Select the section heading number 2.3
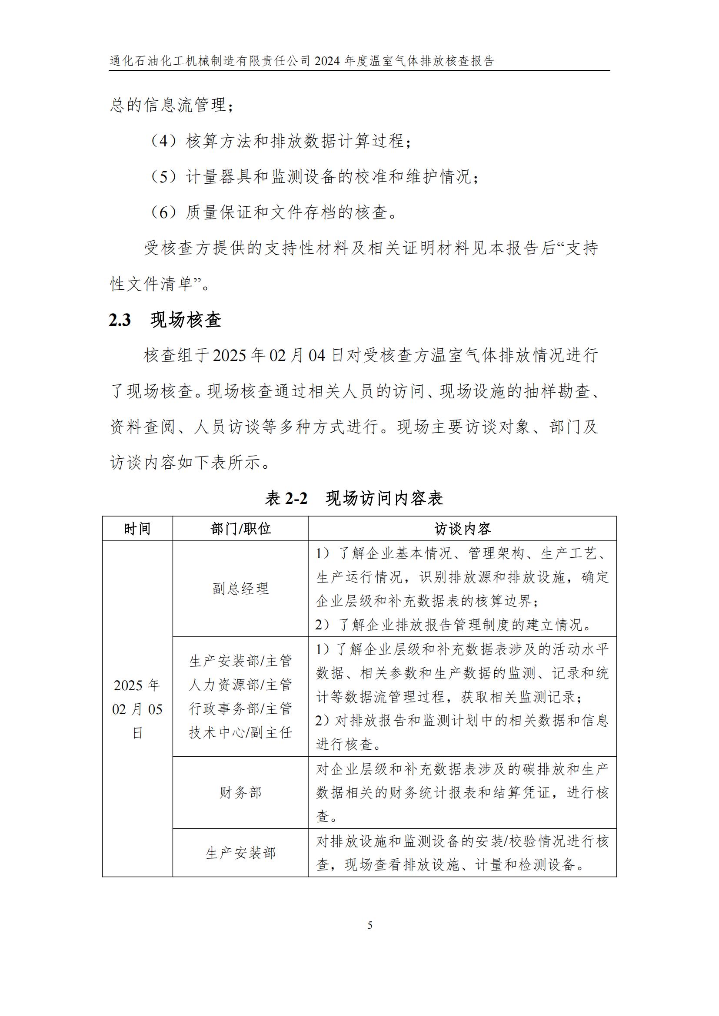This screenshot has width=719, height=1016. (x=120, y=320)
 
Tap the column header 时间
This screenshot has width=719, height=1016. (x=137, y=529)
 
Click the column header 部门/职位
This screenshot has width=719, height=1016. (x=240, y=529)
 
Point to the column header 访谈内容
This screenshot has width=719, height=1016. (x=462, y=529)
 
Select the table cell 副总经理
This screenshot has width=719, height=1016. (x=240, y=589)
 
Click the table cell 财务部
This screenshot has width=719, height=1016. (x=240, y=793)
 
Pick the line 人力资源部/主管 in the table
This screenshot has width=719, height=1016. (x=240, y=685)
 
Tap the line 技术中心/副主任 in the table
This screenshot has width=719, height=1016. (x=240, y=733)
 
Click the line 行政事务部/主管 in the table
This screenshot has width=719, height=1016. (x=240, y=709)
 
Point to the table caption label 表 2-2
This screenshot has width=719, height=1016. (x=286, y=499)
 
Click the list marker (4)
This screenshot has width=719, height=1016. (x=164, y=141)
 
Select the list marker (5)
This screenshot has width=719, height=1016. (x=164, y=177)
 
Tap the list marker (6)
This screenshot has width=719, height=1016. (x=164, y=213)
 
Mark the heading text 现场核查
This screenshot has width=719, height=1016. (x=186, y=320)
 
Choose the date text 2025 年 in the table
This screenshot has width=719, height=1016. (x=137, y=685)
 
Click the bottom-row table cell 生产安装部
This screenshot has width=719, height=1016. (x=240, y=853)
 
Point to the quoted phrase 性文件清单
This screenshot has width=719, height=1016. (x=151, y=284)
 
